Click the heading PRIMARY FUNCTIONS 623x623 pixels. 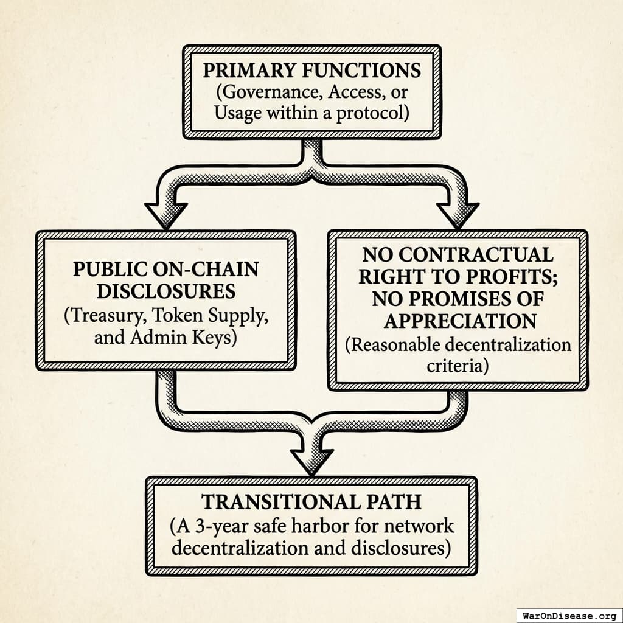[x=311, y=70]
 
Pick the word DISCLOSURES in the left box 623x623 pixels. [x=166, y=291]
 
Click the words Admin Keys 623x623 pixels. [x=193, y=336]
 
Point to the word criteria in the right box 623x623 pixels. [x=458, y=367]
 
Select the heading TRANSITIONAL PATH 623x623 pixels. [x=311, y=502]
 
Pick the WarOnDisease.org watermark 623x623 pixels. [x=569, y=614]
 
